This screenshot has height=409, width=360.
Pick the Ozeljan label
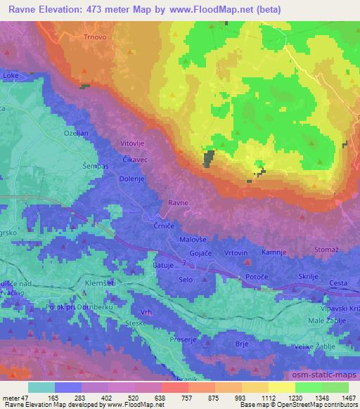(x=77, y=133)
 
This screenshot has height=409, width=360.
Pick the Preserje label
(x=183, y=339)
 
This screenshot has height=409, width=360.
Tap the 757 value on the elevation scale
(x=172, y=397)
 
